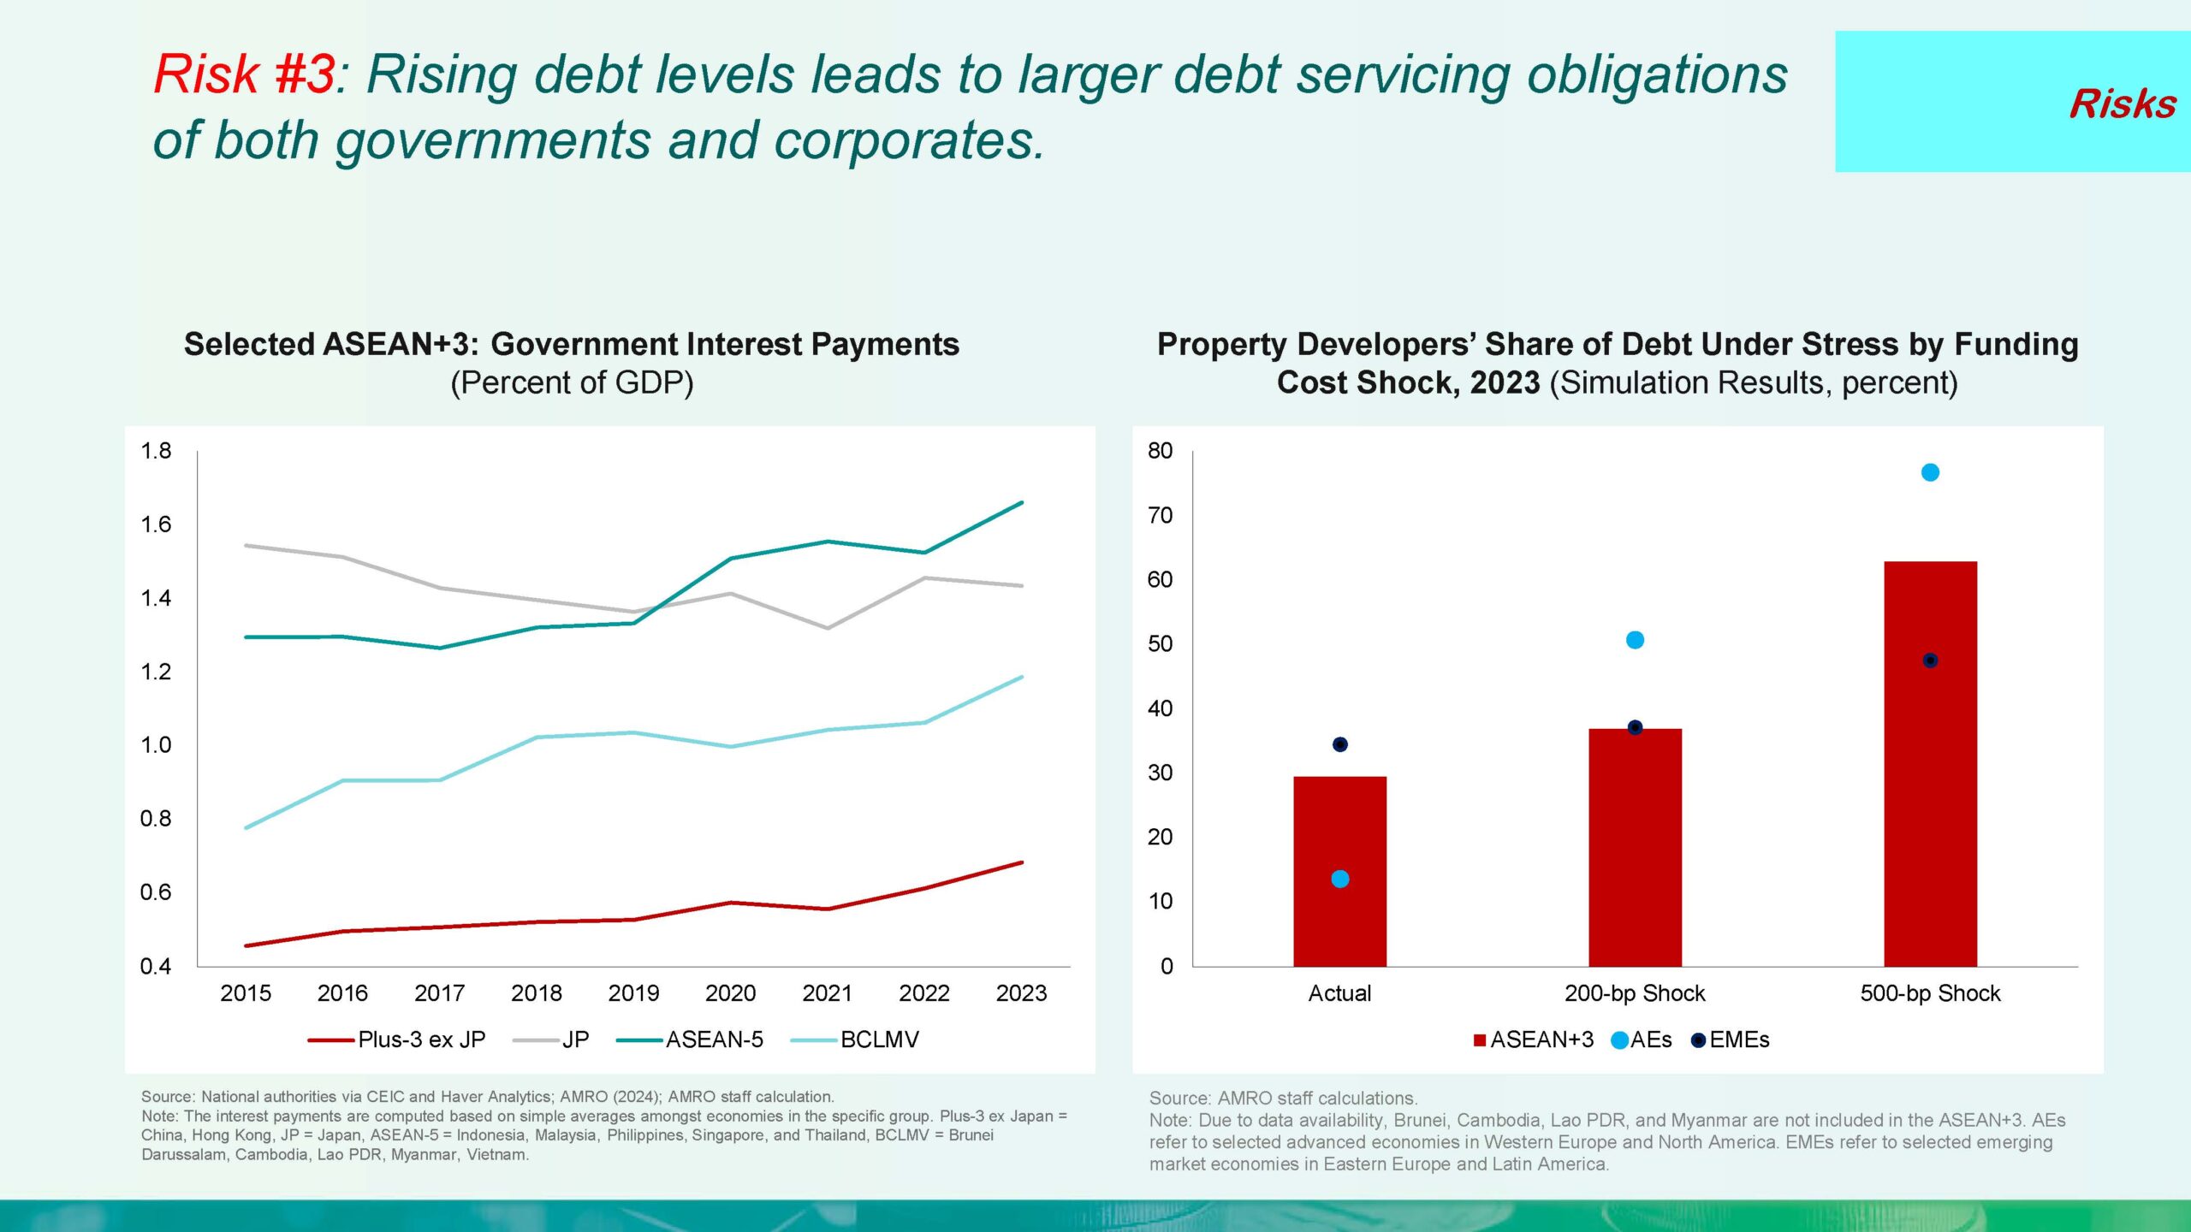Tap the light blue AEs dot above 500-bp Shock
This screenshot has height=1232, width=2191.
[x=1930, y=472]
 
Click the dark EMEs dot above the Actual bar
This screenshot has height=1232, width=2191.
[x=1340, y=744]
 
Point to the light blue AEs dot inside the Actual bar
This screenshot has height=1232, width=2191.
[x=1340, y=879]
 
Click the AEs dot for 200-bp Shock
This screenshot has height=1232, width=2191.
[x=1635, y=640]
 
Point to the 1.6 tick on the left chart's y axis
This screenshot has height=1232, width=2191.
[x=156, y=524]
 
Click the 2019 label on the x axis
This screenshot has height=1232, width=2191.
[x=633, y=993]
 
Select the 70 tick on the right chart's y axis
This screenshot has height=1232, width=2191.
[x=1160, y=515]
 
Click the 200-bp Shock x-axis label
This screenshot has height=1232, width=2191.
[x=1635, y=993]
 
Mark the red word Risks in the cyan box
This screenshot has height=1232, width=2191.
[x=2123, y=104]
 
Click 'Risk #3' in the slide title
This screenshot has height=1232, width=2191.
[x=244, y=74]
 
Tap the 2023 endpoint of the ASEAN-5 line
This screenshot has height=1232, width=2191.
[x=1022, y=503]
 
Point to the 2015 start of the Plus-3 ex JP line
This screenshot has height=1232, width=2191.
[x=246, y=945]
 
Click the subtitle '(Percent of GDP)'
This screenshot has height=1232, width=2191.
[x=572, y=382]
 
